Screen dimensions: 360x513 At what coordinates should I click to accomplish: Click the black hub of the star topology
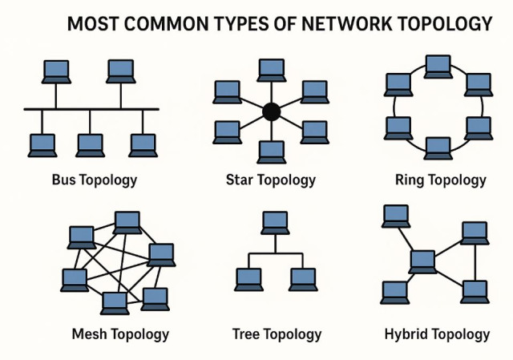pos(271,111)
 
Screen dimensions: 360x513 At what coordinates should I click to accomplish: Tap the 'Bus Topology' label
pos(94,180)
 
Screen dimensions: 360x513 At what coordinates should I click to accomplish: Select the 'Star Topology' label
pos(271,180)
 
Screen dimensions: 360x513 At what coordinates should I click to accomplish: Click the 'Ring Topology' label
pos(440,180)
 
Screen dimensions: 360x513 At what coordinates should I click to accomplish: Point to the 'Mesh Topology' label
pos(120,334)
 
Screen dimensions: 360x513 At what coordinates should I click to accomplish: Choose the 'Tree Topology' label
pos(277,334)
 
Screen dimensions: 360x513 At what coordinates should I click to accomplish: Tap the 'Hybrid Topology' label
pos(437,334)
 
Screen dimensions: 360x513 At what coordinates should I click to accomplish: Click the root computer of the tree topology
pos(275,221)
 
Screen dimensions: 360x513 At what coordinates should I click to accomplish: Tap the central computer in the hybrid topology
pos(422,261)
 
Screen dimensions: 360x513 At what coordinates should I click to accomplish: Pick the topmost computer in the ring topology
pos(438,66)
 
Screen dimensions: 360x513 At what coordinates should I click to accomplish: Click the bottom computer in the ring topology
pos(438,148)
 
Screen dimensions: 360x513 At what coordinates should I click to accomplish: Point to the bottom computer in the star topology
pos(271,151)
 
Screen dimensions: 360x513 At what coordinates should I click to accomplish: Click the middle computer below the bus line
pos(91,144)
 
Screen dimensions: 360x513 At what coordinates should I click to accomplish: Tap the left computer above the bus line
pos(56,71)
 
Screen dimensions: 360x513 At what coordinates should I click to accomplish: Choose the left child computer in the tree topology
pos(248,277)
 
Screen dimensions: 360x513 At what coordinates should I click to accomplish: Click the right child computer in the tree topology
pos(303,277)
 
